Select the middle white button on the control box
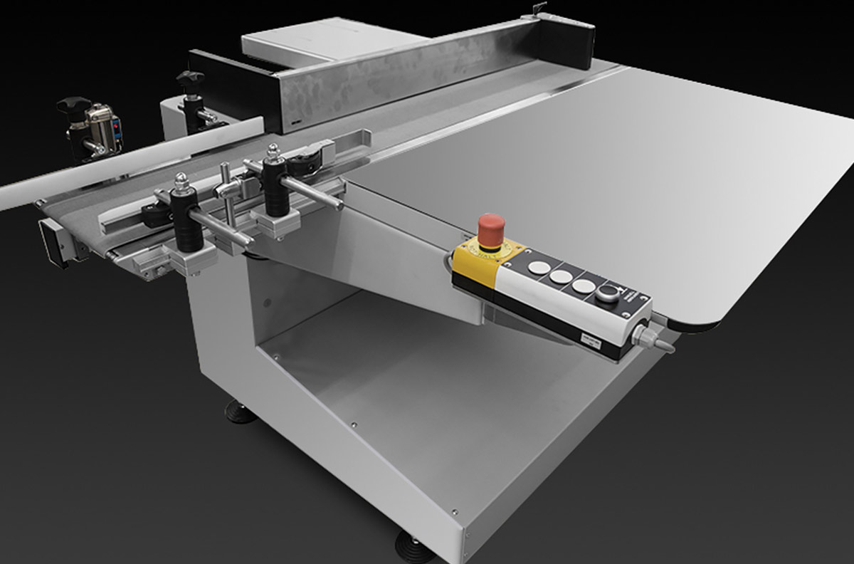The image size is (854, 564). pos(561,277)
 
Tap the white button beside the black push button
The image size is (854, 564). pos(584,286)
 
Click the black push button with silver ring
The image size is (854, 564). pos(609,293)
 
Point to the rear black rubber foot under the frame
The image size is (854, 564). pos(241,412)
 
